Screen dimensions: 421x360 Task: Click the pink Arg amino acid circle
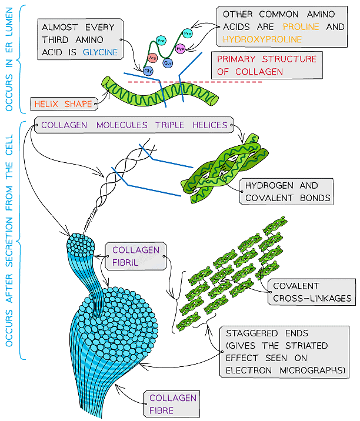[x=153, y=59]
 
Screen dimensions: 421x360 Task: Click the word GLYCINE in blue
[x=100, y=52]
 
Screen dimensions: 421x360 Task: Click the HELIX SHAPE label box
[x=63, y=104]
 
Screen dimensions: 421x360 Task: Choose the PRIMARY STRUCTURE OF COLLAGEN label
[x=266, y=65]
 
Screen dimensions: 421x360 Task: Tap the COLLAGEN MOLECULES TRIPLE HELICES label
[x=134, y=125]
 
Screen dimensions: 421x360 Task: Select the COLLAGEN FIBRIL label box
[x=132, y=256]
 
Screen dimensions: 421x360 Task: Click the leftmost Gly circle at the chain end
[x=148, y=71]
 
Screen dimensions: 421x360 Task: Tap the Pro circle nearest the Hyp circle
[x=188, y=34]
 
